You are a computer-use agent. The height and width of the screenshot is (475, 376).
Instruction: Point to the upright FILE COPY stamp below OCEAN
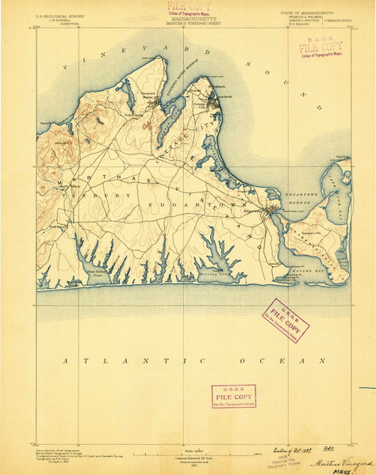click(232, 395)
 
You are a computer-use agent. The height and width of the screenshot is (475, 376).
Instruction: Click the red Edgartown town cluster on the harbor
click(273, 211)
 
